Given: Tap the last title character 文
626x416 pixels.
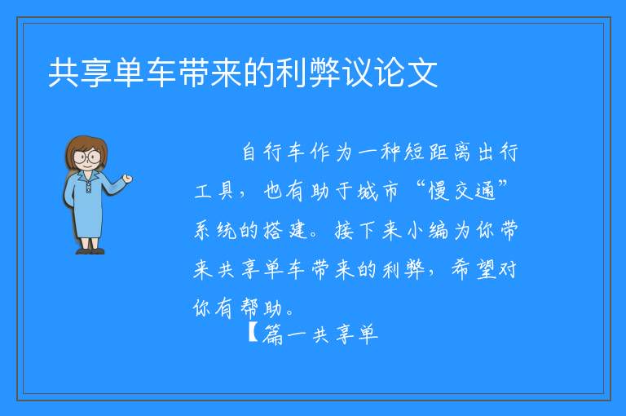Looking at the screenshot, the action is coord(422,73).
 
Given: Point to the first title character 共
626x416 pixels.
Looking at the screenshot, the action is coord(64,73).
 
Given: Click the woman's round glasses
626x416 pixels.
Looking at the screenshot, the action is coord(87,157).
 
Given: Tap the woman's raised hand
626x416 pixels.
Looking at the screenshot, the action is coord(127,179).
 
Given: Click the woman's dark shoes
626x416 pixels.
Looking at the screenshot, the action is coord(90,251).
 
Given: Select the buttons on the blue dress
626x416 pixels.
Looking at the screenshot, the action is coord(88,187).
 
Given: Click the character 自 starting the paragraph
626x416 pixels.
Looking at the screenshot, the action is coord(249,153).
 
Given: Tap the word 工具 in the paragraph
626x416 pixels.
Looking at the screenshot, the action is coord(214,191).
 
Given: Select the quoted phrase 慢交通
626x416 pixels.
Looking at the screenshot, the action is coord(462,190).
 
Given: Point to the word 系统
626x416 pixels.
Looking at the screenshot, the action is coord(215,230).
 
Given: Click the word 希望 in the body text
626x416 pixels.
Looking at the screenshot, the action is coord(473,269).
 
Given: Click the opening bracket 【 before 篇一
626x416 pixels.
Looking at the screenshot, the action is coord(253,333).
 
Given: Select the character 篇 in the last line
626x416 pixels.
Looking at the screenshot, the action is coord(273,334).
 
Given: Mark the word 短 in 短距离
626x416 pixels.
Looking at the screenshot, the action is coord(414,153).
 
